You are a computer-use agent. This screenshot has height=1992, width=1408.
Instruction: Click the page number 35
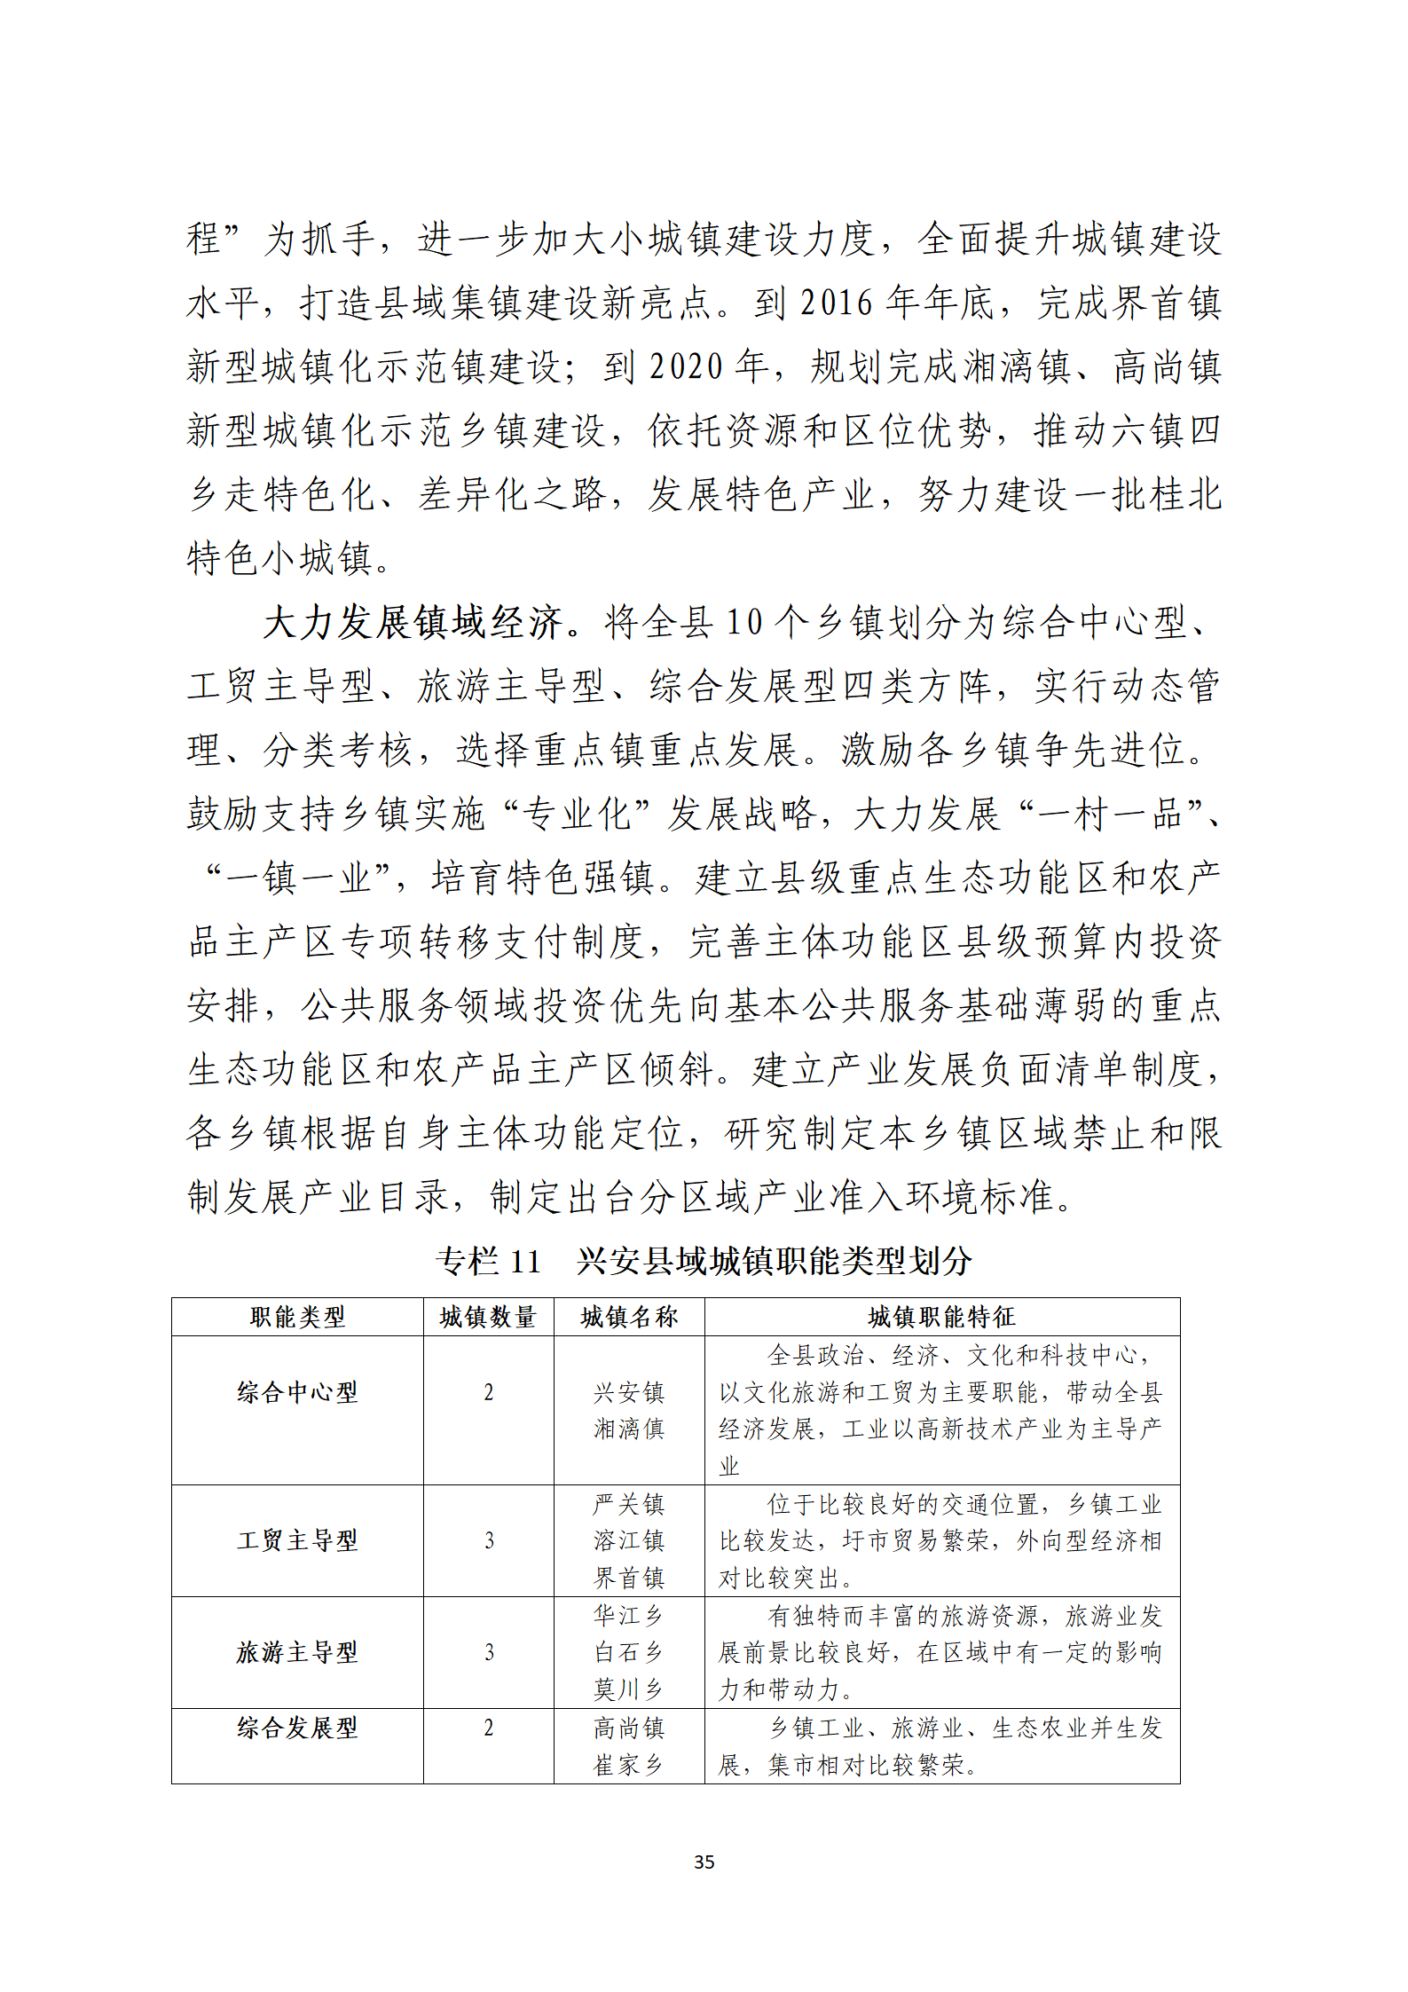704,1862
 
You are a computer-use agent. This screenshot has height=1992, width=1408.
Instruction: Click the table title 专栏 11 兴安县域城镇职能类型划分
704,1261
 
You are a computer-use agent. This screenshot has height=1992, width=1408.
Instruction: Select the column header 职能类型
297,1317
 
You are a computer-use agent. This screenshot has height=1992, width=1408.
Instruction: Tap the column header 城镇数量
488,1317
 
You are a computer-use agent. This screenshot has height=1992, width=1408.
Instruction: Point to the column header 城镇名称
629,1317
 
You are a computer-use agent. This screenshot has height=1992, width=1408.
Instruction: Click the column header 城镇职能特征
941,1317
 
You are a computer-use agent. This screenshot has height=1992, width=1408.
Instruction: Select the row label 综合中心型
297,1392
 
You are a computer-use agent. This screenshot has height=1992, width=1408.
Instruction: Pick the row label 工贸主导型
297,1540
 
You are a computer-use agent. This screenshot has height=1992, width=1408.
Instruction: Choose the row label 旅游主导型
297,1652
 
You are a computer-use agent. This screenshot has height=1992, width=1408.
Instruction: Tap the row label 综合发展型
297,1728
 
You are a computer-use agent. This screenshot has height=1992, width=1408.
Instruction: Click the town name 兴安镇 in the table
629,1392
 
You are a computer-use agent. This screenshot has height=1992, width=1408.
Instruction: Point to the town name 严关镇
629,1504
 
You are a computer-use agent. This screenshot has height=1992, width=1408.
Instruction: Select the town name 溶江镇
629,1540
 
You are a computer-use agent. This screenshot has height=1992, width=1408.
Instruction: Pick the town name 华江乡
629,1616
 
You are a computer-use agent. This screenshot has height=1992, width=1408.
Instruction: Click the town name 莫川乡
629,1689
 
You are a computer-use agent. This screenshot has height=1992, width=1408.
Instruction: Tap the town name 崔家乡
629,1765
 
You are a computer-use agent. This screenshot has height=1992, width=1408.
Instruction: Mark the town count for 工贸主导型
489,1540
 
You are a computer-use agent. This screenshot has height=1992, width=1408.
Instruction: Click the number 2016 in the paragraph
837,303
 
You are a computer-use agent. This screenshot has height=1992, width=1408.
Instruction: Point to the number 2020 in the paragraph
686,367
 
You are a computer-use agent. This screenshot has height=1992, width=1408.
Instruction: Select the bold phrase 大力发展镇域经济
413,623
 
